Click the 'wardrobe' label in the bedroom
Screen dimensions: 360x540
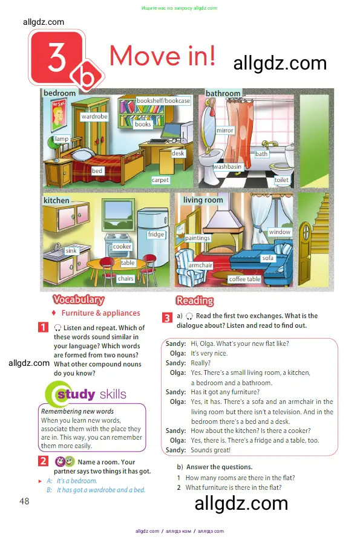click(x=94, y=116)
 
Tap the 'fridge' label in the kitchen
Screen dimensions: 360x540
click(x=156, y=234)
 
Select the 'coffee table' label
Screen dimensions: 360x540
click(x=244, y=279)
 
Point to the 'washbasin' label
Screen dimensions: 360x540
click(x=227, y=167)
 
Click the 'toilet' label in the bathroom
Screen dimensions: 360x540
click(x=281, y=180)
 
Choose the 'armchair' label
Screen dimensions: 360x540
click(x=200, y=265)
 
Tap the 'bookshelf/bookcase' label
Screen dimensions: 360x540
click(x=163, y=100)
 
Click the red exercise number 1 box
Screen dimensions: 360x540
click(x=43, y=327)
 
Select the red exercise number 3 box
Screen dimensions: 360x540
click(x=167, y=317)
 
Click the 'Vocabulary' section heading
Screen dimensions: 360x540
click(x=79, y=299)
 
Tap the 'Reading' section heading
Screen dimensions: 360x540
click(x=195, y=301)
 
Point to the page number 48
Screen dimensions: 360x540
click(x=24, y=501)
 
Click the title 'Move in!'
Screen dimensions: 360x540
click(x=163, y=56)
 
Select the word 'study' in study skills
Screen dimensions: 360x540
click(x=76, y=394)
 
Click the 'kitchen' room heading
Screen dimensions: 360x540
click(x=56, y=200)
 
